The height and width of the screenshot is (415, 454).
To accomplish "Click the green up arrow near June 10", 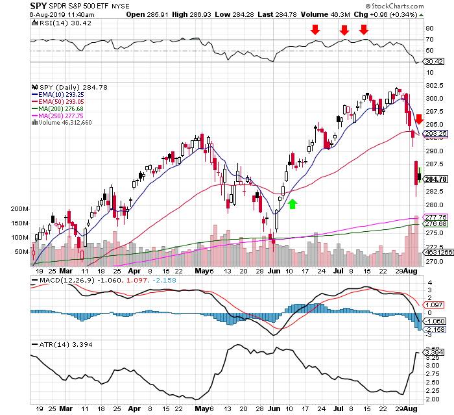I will pos(292,205).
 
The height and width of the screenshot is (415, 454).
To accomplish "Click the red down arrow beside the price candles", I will pos(419,119).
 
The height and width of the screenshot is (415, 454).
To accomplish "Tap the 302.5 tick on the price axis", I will pos(433,86).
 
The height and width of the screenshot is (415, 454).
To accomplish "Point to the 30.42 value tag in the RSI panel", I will pos(433,62).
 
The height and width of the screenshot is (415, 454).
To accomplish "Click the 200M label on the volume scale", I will pos(19,209).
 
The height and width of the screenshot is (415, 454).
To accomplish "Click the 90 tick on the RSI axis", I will pos(429,29).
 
